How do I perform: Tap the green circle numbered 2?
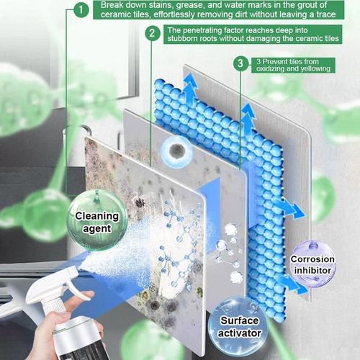pos(152,33)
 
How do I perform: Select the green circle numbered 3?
pos(240,64)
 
